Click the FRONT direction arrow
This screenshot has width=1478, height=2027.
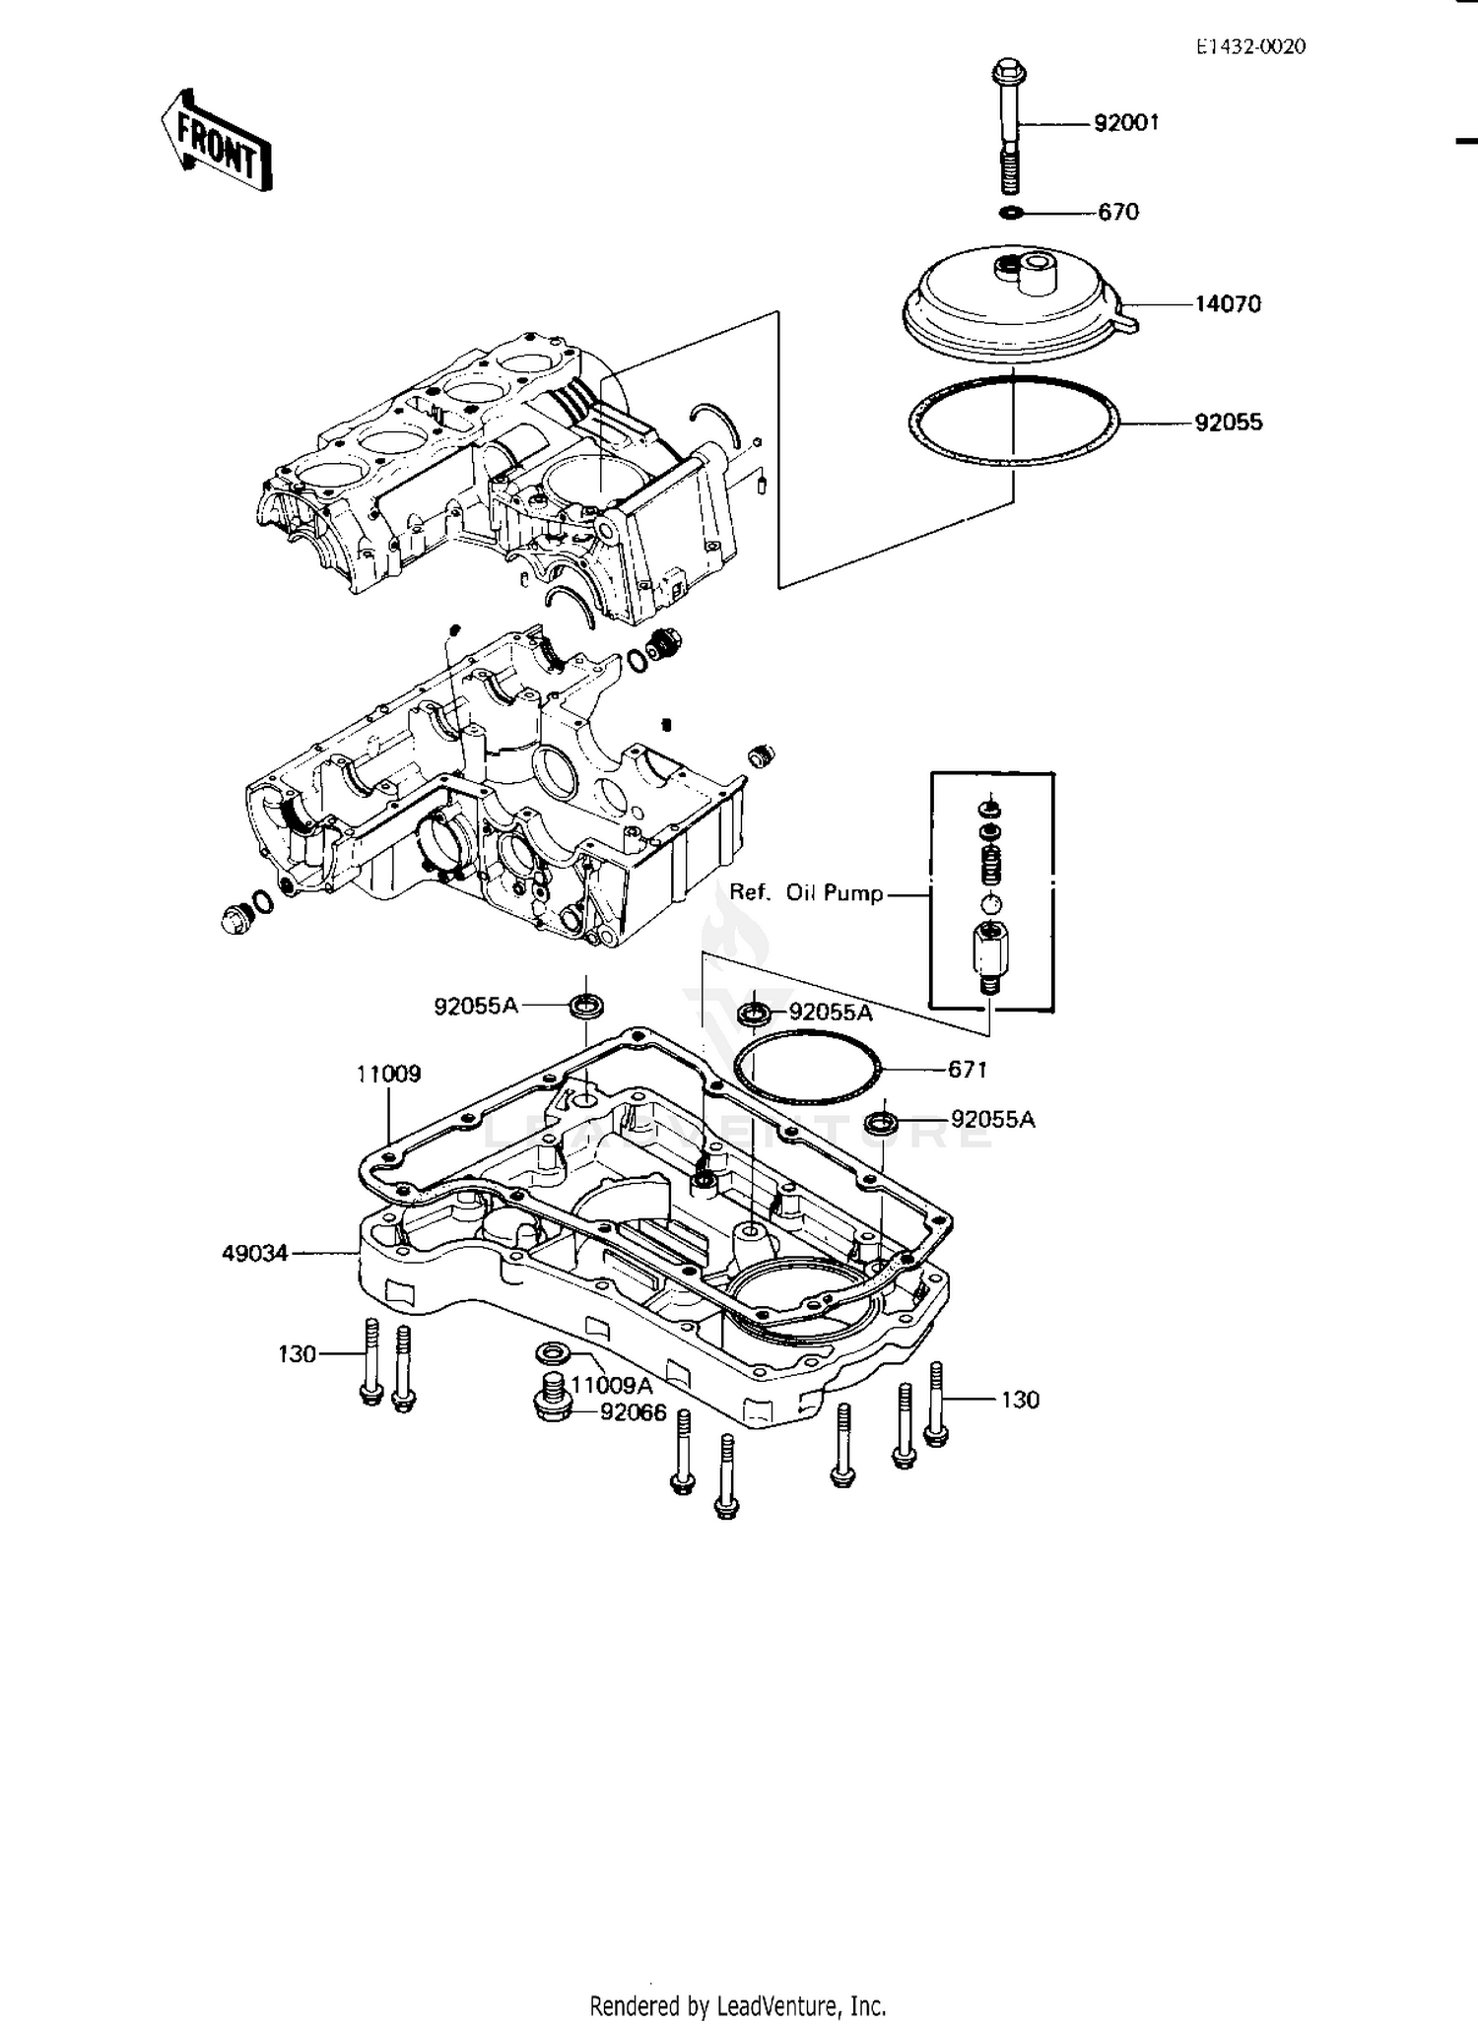pos(216,141)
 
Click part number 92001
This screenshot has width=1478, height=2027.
pos(1126,123)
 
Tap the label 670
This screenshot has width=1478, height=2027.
pos(1118,212)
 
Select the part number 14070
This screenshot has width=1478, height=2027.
pos(1227,304)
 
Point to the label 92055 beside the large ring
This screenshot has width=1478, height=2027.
pos(1228,423)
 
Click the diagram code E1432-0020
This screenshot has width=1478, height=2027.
pos(1250,46)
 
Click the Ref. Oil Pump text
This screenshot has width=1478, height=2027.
pos(806,892)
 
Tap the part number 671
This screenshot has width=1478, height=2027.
pos(967,1069)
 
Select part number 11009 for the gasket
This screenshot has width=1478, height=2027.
pos(388,1074)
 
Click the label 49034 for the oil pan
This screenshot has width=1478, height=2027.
pos(254,1253)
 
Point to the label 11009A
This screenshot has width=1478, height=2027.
pos(611,1386)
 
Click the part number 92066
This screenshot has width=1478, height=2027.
pos(634,1412)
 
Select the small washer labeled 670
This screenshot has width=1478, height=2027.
pos(1010,213)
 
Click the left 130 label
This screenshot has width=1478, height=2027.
pos(297,1354)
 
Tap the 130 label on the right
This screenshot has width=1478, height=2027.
pos(1019,1400)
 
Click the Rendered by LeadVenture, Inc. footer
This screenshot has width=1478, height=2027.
pos(738,2005)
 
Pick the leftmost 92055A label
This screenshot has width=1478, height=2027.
pos(475,1006)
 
